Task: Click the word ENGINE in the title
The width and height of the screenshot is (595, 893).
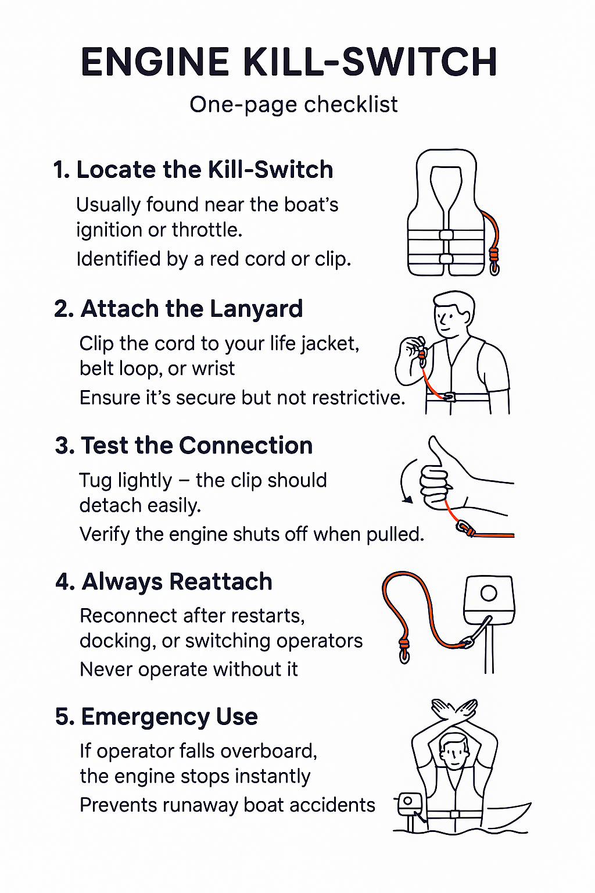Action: [x=155, y=62]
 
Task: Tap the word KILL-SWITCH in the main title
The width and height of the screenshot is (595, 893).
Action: [x=370, y=62]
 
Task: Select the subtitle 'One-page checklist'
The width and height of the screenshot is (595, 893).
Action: [x=293, y=105]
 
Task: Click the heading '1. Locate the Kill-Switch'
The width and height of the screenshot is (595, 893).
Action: [x=193, y=169]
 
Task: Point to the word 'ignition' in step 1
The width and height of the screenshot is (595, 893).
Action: [x=110, y=230]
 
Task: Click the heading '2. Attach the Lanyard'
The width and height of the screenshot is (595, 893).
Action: [x=178, y=309]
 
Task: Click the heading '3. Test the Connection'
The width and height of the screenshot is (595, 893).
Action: [x=184, y=445]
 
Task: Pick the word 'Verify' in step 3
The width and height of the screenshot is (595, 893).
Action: [x=105, y=535]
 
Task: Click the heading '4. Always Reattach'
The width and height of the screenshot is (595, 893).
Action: [x=164, y=581]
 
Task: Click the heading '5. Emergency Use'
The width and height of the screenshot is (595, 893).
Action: [x=156, y=717]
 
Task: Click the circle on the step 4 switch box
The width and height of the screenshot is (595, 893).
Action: [x=489, y=593]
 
